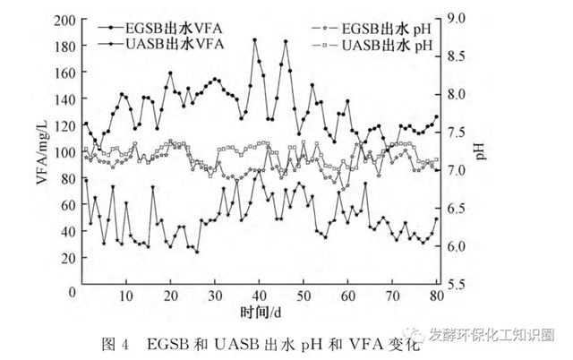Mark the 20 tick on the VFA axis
pos(67,258)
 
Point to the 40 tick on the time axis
pos(259,296)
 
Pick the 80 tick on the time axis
pos(436,296)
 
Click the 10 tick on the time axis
pos(126,296)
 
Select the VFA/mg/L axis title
pos(42,152)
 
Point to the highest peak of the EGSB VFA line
pos(254,40)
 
